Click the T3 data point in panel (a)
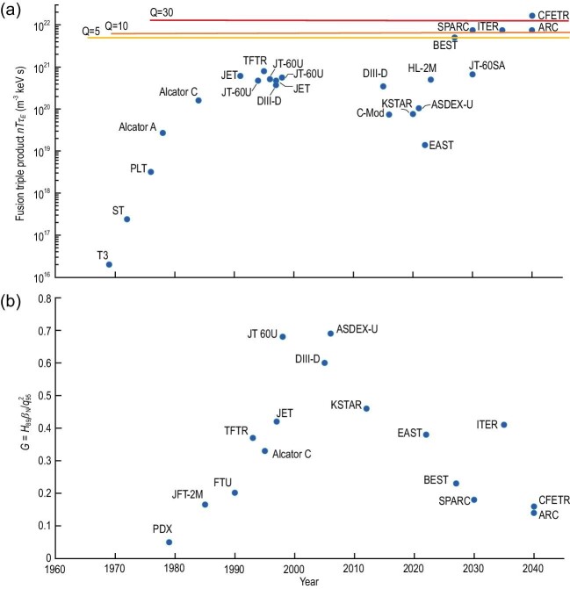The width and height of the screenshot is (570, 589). pyautogui.click(x=109, y=264)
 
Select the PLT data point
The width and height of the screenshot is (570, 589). pyautogui.click(x=151, y=172)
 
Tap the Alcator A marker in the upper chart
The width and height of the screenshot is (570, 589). pyautogui.click(x=162, y=133)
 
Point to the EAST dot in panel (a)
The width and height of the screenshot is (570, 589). pyautogui.click(x=425, y=145)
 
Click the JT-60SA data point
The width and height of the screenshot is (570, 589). pyautogui.click(x=473, y=75)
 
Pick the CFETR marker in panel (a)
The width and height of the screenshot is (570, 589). pyautogui.click(x=532, y=16)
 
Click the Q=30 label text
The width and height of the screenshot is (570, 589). pyautogui.click(x=162, y=13)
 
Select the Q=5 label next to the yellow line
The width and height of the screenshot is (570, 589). pyautogui.click(x=91, y=32)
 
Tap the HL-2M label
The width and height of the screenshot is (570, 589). pyautogui.click(x=422, y=68)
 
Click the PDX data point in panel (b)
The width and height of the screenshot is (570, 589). pyautogui.click(x=170, y=542)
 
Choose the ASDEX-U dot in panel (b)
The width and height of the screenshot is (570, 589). pyautogui.click(x=330, y=334)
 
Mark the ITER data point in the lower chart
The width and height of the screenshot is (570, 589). pyautogui.click(x=504, y=425)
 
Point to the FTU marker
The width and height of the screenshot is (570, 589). pyautogui.click(x=234, y=492)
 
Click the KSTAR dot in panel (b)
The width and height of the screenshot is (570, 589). pyautogui.click(x=366, y=409)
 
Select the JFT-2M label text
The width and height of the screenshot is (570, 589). pyautogui.click(x=187, y=494)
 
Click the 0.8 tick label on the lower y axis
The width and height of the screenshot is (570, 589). pyautogui.click(x=45, y=298)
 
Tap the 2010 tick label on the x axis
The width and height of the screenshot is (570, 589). pyautogui.click(x=353, y=568)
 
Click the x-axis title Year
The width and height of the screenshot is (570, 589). pyautogui.click(x=309, y=581)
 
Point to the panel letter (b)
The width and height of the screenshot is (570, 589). pyautogui.click(x=11, y=301)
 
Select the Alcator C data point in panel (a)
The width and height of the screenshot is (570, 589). pyautogui.click(x=198, y=100)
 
